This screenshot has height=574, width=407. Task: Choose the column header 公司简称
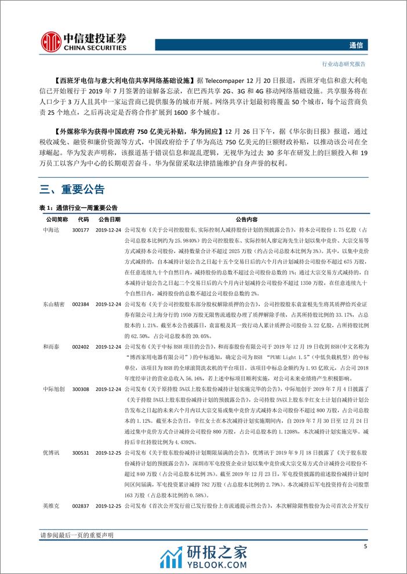coord(56,219)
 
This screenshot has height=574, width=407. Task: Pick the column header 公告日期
coord(109,219)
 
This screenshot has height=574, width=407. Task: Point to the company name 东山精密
coord(55,304)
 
